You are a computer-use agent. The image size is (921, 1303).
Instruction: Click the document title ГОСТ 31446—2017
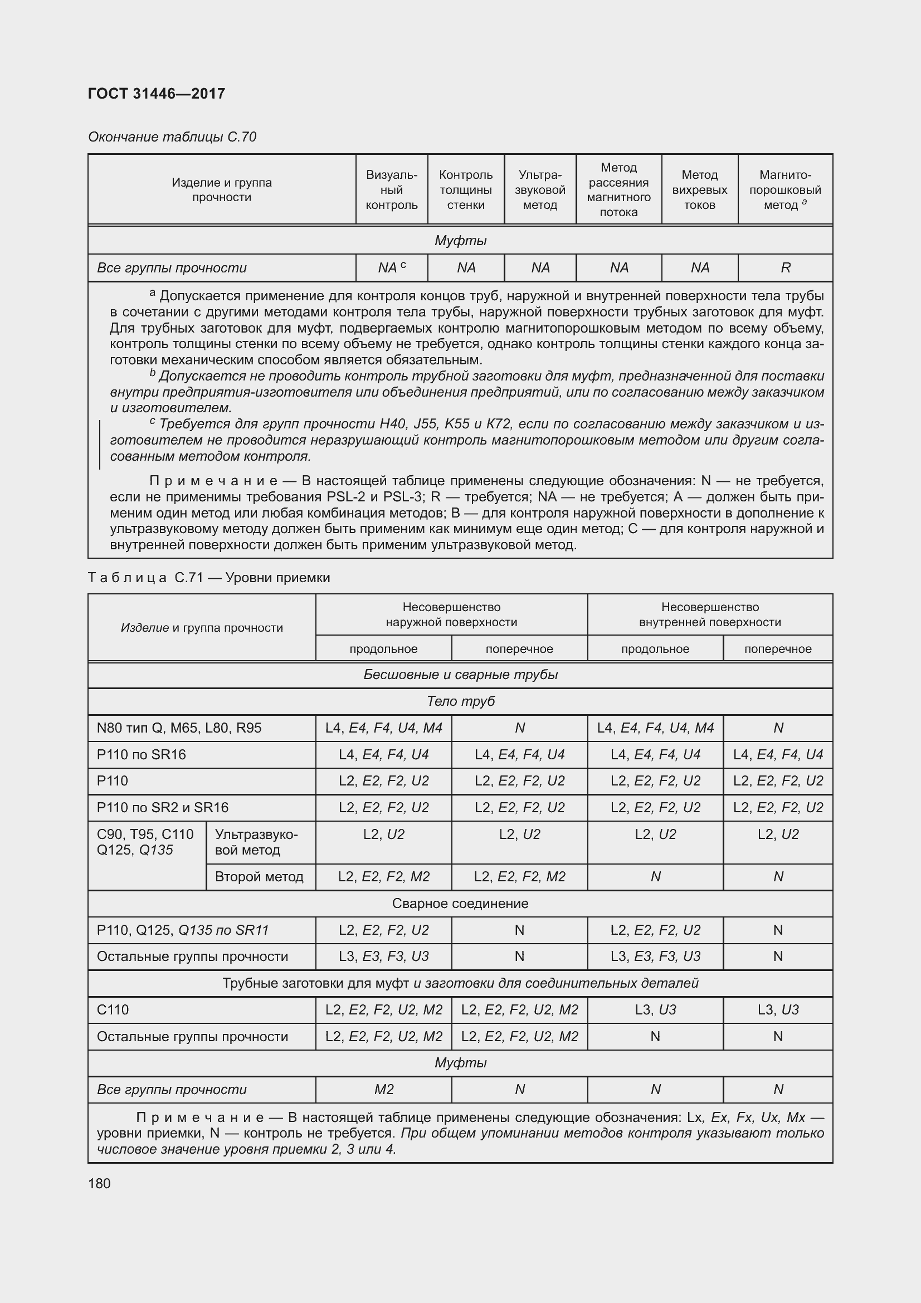[x=157, y=94]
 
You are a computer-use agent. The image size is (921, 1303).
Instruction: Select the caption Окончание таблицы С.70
[x=172, y=137]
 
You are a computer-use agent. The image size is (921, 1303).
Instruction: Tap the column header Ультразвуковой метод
[x=540, y=189]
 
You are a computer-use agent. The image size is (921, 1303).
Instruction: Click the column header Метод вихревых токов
[x=699, y=189]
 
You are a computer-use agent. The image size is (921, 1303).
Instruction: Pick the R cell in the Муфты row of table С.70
[x=786, y=268]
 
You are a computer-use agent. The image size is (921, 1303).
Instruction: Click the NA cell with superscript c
[x=392, y=268]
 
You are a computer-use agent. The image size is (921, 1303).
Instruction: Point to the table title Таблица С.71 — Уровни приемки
[x=209, y=578]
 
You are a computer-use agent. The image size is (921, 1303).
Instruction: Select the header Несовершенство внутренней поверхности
[x=710, y=614]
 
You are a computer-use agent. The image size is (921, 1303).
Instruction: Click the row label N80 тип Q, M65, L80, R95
[x=179, y=728]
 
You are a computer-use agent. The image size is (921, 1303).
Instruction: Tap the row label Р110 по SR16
[x=142, y=755]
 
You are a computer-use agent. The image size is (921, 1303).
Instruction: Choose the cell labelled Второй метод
[x=259, y=877]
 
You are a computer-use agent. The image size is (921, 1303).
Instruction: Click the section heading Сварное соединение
[x=460, y=904]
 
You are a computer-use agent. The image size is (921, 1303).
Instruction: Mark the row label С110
[x=113, y=1009]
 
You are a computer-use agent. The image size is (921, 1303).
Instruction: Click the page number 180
[x=99, y=1184]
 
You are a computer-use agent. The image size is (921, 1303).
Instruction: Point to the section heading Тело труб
[x=460, y=701]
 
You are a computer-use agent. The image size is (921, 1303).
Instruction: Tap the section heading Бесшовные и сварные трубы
[x=460, y=675]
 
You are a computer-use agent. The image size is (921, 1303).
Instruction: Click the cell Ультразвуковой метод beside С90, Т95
[x=256, y=842]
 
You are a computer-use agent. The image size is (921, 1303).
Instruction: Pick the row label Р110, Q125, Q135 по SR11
[x=182, y=930]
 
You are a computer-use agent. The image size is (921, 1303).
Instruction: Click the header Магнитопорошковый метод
[x=786, y=189]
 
